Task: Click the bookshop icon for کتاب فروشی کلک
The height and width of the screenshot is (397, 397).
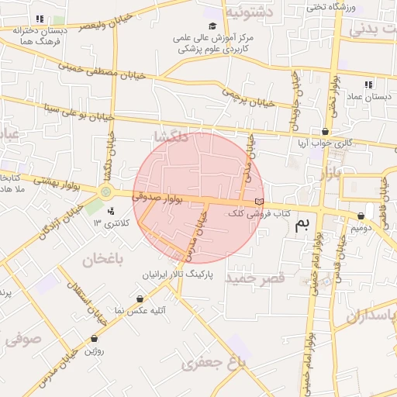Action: click(259, 202)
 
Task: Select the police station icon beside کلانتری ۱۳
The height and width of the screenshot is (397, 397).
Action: click(112, 210)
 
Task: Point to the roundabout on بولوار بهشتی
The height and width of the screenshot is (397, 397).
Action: click(105, 192)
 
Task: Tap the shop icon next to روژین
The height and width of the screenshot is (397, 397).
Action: click(95, 339)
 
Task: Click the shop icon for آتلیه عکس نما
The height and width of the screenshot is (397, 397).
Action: click(140, 299)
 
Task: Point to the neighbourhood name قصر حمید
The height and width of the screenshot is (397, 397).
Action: click(255, 277)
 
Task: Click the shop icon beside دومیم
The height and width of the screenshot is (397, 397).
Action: click(361, 216)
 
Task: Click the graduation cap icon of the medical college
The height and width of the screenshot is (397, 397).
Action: click(212, 26)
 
